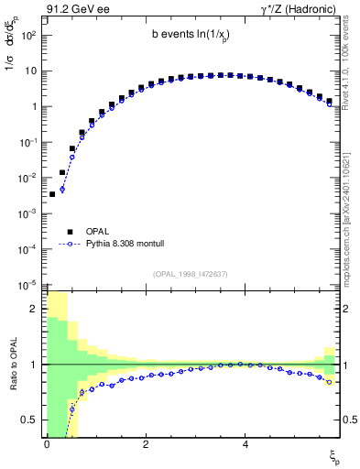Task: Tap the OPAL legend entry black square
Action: [x=71, y=232]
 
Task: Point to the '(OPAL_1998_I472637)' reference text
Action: [x=193, y=273]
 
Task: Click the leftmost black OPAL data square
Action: [x=52, y=194]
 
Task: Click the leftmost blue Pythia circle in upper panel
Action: [x=62, y=190]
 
